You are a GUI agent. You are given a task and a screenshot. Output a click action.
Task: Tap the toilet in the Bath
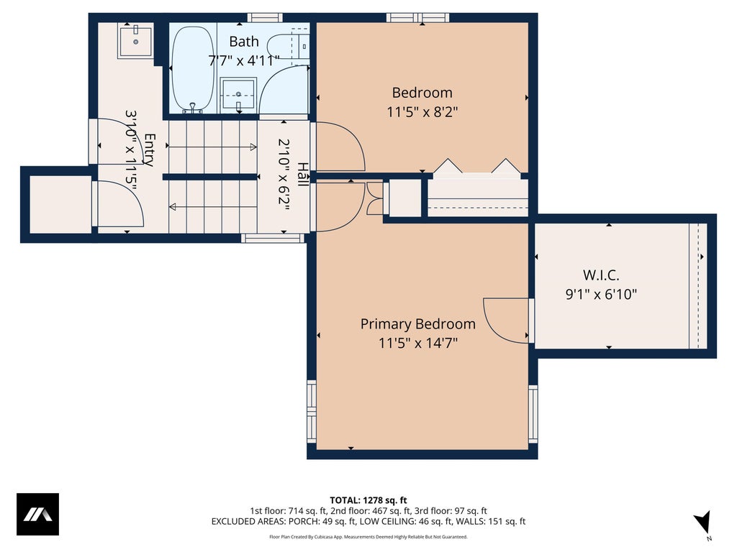[288, 46]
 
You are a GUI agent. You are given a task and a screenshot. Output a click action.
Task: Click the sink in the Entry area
[135, 42]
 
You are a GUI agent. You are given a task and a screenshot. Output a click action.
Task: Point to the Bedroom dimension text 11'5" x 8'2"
[422, 111]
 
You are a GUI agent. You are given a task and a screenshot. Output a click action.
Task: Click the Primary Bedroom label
[418, 324]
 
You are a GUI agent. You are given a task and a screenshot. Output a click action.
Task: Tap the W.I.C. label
[601, 275]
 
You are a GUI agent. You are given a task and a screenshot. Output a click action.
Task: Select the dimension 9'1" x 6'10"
[601, 294]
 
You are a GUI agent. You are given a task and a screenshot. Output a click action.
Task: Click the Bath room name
[244, 42]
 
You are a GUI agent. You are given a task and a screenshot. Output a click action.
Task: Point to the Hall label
[303, 174]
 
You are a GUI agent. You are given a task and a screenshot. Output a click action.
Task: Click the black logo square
[37, 514]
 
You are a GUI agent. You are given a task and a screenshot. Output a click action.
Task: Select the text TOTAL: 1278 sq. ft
[368, 500]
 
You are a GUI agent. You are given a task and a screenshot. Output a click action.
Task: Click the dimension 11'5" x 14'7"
[418, 343]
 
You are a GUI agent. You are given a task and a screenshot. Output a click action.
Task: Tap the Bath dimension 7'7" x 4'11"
[244, 60]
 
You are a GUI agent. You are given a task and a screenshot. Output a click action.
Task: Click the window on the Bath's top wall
[265, 18]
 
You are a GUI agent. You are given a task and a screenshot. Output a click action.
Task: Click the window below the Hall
[273, 239]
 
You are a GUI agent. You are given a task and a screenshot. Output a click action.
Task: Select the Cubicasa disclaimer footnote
[368, 537]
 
